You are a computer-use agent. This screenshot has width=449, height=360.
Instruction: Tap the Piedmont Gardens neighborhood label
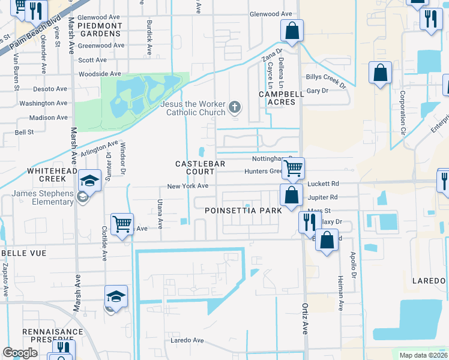[x=98, y=29]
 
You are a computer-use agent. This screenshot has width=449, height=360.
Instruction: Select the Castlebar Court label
[x=194, y=167]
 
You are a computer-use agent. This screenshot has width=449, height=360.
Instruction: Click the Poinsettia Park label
[x=243, y=211]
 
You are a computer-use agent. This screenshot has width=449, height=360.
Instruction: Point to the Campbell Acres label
[x=277, y=98]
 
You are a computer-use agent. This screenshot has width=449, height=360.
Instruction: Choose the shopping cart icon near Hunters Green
[x=293, y=169]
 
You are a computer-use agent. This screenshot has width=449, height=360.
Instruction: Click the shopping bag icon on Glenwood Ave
[x=292, y=31]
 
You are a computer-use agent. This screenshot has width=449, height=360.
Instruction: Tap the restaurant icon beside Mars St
[x=310, y=223]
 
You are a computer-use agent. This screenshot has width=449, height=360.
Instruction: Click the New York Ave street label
[x=187, y=186]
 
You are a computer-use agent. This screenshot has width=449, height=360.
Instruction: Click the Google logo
[x=20, y=353]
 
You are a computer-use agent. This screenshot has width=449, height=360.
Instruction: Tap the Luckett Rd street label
[x=323, y=184]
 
